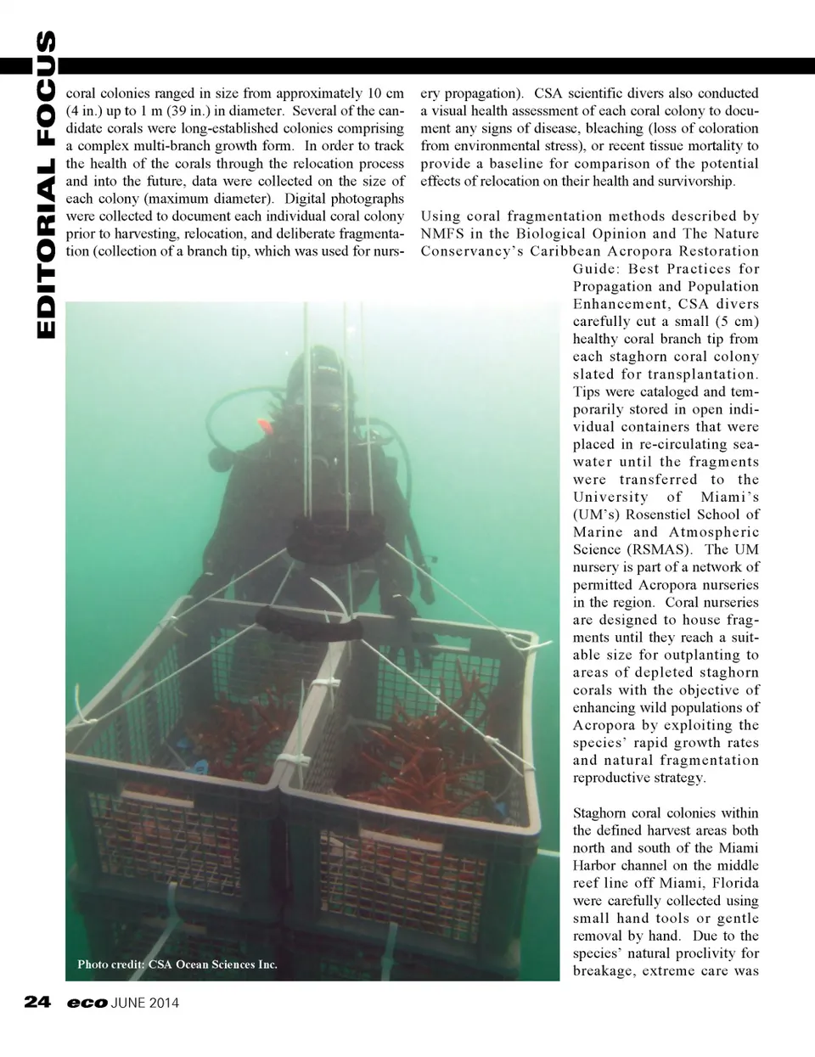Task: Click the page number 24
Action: (37, 1003)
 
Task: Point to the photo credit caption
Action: (177, 964)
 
